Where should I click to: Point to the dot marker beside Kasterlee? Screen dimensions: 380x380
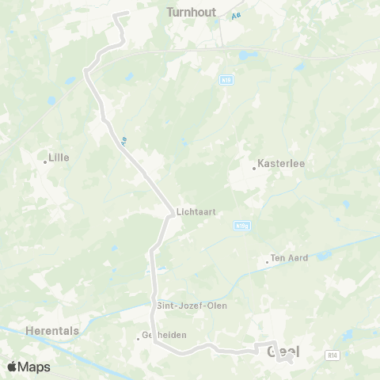[x=254, y=168]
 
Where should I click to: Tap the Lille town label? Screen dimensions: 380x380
[x=59, y=158]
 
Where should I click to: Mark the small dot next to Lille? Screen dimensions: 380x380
[x=45, y=162]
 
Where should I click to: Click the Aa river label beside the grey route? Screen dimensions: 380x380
[x=124, y=141]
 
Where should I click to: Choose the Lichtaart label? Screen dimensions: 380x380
[x=196, y=212]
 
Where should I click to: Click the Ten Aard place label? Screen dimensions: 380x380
[x=288, y=258]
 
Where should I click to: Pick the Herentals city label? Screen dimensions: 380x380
[x=52, y=331]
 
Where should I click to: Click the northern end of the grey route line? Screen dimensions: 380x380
[x=118, y=14]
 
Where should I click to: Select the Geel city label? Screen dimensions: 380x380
[x=285, y=351]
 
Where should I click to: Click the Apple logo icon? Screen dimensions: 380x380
[x=12, y=367]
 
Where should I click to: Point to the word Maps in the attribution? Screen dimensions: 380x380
[x=35, y=367]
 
